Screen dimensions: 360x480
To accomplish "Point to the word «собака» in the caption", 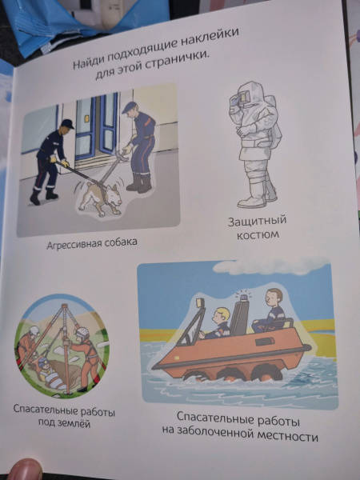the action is [120, 242].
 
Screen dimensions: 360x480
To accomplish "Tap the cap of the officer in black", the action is [67, 124].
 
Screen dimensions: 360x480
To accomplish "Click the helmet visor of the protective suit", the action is [242, 97].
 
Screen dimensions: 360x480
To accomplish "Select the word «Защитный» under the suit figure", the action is [257, 221].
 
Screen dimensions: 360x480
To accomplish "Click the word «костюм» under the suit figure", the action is [258, 235].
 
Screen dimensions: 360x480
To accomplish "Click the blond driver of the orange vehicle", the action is [217, 323].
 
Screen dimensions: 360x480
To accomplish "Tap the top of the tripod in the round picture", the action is [65, 306].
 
